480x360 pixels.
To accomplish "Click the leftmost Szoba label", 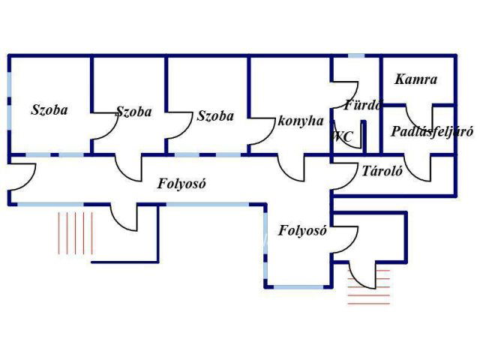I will (49, 109).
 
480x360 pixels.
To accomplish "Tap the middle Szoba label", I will (133, 112).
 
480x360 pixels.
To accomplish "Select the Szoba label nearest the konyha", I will (215, 116).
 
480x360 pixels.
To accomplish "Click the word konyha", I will (300, 121).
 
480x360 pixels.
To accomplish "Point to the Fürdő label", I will (363, 105).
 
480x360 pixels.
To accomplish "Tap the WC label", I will (343, 136).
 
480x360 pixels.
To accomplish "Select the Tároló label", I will (382, 170).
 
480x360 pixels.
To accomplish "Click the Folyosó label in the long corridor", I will (181, 183).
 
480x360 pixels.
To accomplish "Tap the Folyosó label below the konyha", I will (302, 231).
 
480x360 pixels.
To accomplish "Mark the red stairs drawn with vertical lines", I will (76, 232).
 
